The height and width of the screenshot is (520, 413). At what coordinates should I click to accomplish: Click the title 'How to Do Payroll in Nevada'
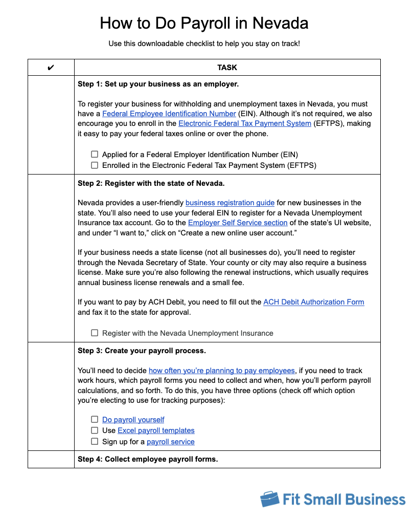pyautogui.click(x=204, y=23)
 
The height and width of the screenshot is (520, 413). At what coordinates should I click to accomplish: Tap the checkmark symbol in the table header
pyautogui.click(x=51, y=68)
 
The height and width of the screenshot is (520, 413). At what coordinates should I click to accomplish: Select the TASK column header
pyautogui.click(x=227, y=68)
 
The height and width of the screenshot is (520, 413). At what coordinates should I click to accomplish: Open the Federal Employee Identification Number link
pyautogui.click(x=169, y=114)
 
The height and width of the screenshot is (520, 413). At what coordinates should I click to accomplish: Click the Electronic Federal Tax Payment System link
pyautogui.click(x=244, y=124)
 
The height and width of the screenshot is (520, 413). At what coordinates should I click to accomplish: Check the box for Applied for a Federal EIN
pyautogui.click(x=95, y=155)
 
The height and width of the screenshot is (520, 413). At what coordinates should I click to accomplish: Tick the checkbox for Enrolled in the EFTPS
pyautogui.click(x=95, y=165)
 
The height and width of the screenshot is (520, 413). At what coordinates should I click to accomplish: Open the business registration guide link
pyautogui.click(x=230, y=203)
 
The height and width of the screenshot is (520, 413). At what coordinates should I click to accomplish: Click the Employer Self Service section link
pyautogui.click(x=238, y=223)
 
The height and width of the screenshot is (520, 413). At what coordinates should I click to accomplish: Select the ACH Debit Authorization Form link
pyautogui.click(x=313, y=302)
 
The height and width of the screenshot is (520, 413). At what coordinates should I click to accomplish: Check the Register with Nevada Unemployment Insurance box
pyautogui.click(x=95, y=333)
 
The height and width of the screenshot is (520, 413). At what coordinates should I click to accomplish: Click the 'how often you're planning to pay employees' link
pyautogui.click(x=221, y=371)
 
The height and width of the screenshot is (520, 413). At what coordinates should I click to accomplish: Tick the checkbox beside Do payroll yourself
pyautogui.click(x=95, y=420)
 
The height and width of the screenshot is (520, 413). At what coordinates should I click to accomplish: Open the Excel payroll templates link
pyautogui.click(x=156, y=430)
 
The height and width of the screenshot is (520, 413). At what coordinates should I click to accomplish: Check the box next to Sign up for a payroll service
pyautogui.click(x=95, y=441)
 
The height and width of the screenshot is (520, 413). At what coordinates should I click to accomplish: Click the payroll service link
pyautogui.click(x=170, y=442)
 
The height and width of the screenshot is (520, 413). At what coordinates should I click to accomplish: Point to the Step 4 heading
pyautogui.click(x=148, y=459)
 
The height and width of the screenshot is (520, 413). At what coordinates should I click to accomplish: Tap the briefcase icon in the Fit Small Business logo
pyautogui.click(x=269, y=499)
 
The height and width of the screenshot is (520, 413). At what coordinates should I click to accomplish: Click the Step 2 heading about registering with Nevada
pyautogui.click(x=151, y=183)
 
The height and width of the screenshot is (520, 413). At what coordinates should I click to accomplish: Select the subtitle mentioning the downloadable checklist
pyautogui.click(x=204, y=44)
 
